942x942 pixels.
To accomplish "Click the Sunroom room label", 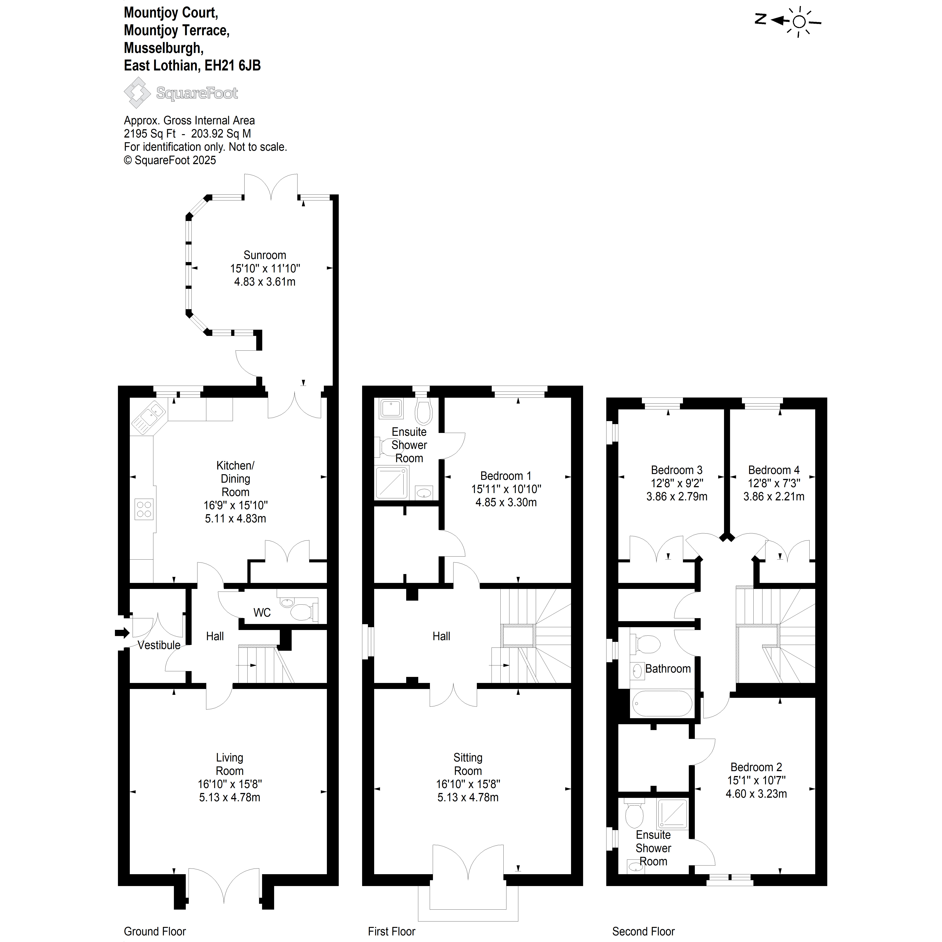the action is point(265,255).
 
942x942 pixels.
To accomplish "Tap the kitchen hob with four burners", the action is point(144,509).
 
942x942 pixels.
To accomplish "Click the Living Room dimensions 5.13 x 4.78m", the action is point(230,798).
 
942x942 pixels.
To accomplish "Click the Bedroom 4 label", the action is point(774,470).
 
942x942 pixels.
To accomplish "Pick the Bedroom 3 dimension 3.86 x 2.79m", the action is point(677,496).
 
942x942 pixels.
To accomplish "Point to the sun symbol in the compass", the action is point(799,21).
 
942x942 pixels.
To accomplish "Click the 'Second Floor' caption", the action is point(644,931).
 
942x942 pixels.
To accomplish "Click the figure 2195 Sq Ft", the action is point(150,134).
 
